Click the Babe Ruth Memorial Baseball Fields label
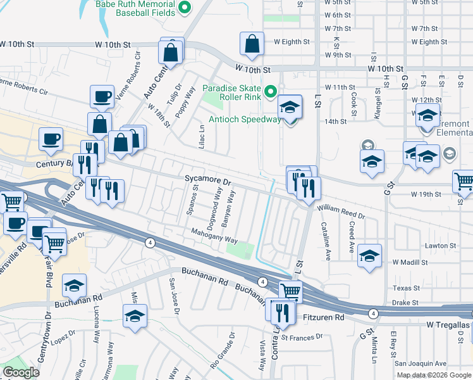point(136,8)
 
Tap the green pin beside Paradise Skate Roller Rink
point(271,92)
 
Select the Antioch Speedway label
point(245,120)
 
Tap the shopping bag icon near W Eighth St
point(252,45)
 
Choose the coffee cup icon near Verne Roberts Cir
point(102,97)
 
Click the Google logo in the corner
point(21,372)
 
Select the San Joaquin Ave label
point(420,364)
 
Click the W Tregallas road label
point(449,324)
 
